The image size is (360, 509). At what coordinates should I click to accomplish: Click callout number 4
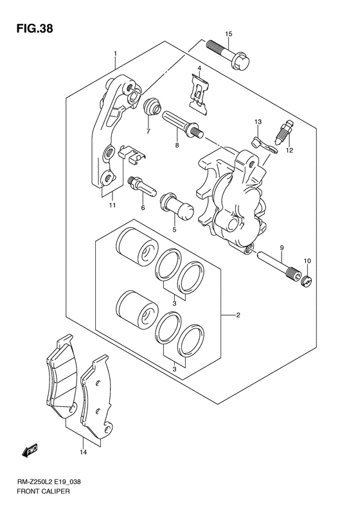click(x=199, y=69)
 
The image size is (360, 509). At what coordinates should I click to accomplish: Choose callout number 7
click(x=147, y=131)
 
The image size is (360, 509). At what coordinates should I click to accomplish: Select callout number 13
click(x=258, y=122)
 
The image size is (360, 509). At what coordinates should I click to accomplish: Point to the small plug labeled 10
click(x=308, y=280)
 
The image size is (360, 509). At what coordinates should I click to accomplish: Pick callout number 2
click(x=238, y=315)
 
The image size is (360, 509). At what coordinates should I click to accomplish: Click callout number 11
click(x=112, y=206)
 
